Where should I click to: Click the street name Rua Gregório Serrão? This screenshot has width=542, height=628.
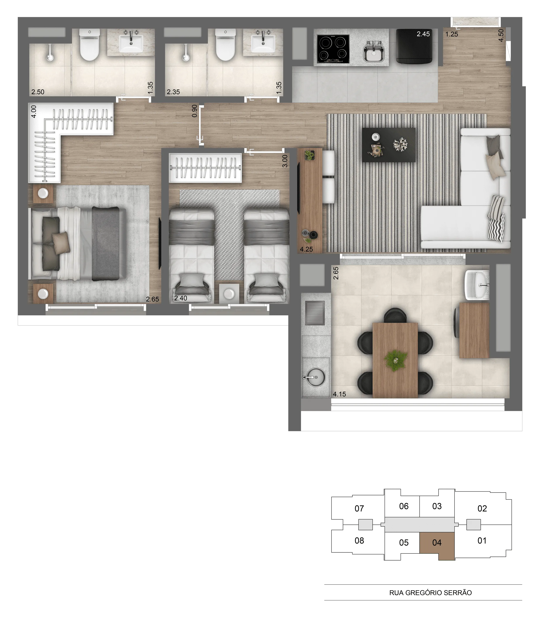[x=431, y=593]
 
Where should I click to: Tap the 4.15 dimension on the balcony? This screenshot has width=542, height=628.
[x=339, y=394]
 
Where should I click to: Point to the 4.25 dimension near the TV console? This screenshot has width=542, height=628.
[x=306, y=249]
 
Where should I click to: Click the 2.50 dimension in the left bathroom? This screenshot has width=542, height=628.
[x=38, y=92]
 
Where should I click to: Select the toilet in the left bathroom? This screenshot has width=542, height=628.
[x=89, y=45]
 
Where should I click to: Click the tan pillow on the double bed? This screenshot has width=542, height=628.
[x=61, y=242]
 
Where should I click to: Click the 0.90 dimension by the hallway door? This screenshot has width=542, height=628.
[x=195, y=111]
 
